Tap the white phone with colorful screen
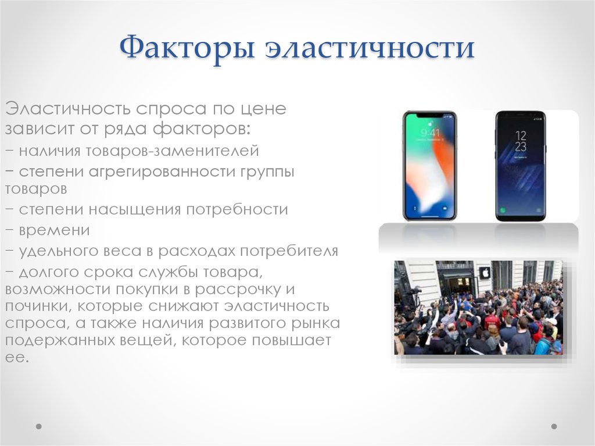429,166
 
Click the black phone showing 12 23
520,166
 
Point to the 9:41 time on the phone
430,133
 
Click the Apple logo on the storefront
484,273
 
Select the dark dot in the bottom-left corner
39,426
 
